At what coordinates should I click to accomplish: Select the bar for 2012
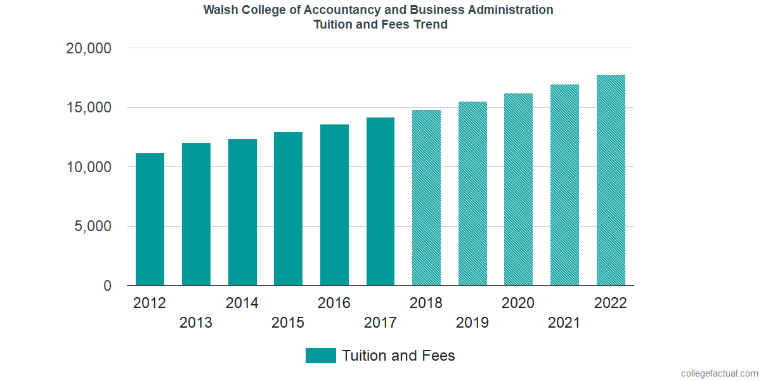150,219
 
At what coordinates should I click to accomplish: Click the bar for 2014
242,212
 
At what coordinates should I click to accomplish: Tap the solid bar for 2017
380,201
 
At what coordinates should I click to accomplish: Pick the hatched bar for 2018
426,197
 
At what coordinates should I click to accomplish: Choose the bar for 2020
518,189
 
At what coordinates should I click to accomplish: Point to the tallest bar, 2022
611,180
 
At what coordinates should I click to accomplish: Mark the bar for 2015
289,209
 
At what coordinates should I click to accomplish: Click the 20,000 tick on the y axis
89,48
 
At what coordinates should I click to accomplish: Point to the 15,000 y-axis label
89,108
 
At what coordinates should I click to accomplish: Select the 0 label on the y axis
108,286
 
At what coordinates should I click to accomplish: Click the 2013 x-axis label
196,323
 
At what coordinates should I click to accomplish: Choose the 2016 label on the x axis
334,303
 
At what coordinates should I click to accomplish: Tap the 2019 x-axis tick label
472,323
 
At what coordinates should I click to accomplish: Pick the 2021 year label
564,323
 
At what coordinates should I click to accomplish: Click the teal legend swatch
320,356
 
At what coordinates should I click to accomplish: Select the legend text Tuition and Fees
398,356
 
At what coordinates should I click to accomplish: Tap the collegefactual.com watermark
719,373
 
